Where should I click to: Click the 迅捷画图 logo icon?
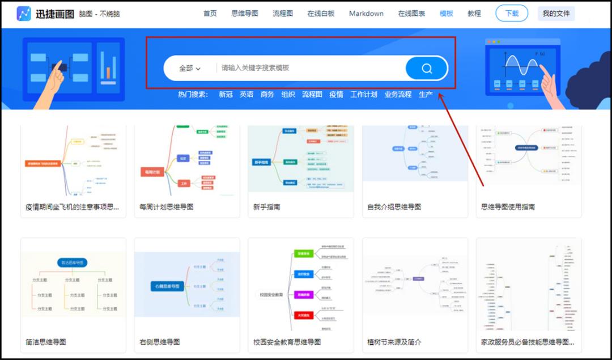tap(24, 14)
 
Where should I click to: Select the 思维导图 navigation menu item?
tap(245, 14)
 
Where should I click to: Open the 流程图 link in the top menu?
tap(283, 14)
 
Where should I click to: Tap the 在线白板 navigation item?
tap(321, 14)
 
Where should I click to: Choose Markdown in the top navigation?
tap(366, 14)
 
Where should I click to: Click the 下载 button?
tap(512, 14)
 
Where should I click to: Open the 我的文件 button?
tap(556, 14)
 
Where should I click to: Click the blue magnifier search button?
tap(427, 69)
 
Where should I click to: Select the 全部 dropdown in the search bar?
tap(190, 69)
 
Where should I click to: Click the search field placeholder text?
tap(255, 68)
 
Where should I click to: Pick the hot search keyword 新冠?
tap(226, 95)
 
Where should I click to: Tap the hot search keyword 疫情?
tap(336, 95)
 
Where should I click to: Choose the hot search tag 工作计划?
tap(364, 95)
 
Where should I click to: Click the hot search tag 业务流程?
tap(398, 95)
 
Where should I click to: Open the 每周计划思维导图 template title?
tap(167, 207)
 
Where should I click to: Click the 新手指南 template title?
tap(267, 207)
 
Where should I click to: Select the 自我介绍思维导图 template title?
tap(394, 207)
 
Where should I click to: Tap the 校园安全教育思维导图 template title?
tap(287, 342)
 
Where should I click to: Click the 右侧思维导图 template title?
tap(160, 342)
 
